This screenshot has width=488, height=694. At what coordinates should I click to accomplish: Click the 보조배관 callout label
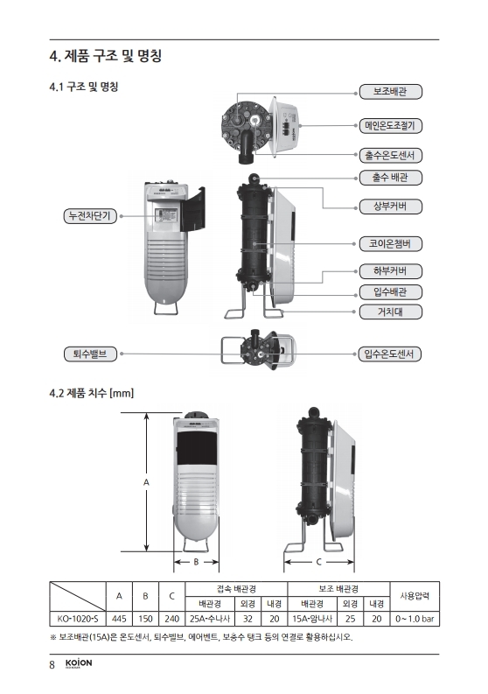(x=390, y=92)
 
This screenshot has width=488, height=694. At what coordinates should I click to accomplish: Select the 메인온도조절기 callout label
(x=390, y=126)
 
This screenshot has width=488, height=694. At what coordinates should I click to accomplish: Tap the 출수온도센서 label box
(x=390, y=156)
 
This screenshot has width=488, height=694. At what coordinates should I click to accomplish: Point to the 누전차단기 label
(x=90, y=216)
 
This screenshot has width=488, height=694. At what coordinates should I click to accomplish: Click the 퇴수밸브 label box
(x=90, y=354)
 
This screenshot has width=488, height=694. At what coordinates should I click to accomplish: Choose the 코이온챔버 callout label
(x=390, y=244)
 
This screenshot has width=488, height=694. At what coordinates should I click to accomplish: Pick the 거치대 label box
(x=390, y=312)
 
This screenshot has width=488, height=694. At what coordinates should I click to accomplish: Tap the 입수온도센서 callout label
(x=390, y=354)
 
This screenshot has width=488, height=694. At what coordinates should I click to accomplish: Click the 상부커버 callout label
(x=390, y=207)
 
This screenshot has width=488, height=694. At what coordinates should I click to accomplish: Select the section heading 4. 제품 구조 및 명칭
(x=106, y=56)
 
